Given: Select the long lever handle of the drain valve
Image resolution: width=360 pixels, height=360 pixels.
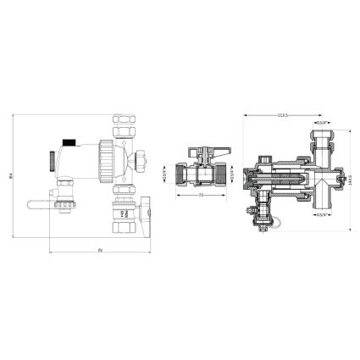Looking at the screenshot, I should click(x=39, y=202).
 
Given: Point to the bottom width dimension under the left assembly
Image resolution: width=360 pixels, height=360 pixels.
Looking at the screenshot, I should click(x=99, y=252).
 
